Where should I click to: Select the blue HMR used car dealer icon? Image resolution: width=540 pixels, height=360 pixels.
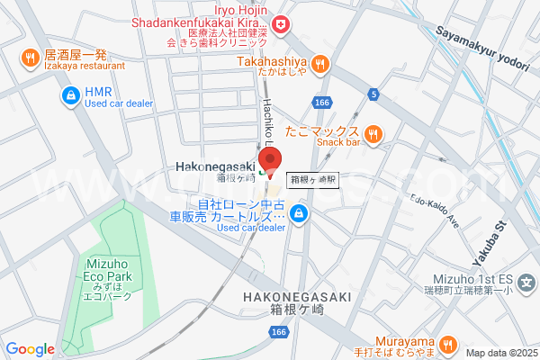(x=69, y=94)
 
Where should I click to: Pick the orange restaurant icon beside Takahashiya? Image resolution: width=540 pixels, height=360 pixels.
(x=321, y=64)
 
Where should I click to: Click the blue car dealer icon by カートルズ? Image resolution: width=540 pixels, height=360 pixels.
(x=300, y=213)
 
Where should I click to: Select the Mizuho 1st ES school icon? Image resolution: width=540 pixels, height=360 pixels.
(x=529, y=282)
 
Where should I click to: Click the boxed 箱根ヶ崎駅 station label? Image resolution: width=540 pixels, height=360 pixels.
(x=313, y=179)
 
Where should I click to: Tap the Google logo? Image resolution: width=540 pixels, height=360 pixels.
(x=30, y=349)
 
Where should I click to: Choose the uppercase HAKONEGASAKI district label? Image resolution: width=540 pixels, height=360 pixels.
(x=294, y=296)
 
